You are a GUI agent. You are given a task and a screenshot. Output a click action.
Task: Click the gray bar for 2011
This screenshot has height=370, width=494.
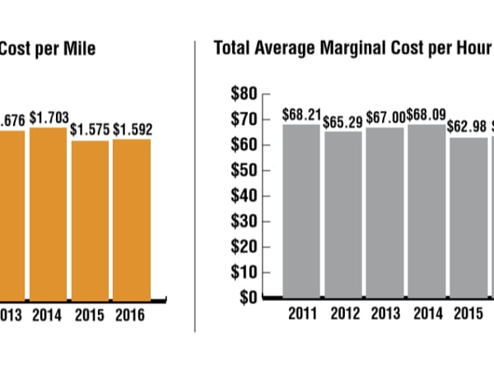click(x=302, y=210)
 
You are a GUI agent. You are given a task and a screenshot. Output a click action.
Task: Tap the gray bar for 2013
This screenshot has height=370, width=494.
click(x=384, y=212)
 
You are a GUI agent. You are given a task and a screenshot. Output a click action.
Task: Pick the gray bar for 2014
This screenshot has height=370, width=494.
click(x=426, y=210)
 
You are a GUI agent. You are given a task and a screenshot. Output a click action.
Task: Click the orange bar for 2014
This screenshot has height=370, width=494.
click(x=49, y=213)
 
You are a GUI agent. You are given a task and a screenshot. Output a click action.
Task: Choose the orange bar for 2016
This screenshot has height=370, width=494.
click(x=132, y=219)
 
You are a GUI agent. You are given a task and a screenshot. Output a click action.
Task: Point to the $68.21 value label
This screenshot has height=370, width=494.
click(x=301, y=113)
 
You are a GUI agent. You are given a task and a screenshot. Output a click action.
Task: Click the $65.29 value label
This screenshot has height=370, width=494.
click(x=342, y=121)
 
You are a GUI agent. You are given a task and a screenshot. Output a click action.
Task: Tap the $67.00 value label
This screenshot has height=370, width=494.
click(x=384, y=117)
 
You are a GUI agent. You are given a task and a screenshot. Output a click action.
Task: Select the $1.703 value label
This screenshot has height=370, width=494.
click(x=49, y=118)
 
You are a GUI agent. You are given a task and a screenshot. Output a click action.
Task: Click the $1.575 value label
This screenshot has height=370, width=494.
click(x=90, y=130)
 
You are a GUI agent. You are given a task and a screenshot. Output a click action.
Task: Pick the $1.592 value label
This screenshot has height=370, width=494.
click(x=132, y=129)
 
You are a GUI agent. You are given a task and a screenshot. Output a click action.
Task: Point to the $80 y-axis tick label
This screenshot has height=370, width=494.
click(x=245, y=94)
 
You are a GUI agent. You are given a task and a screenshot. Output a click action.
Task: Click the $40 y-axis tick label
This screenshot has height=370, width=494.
click(x=245, y=196)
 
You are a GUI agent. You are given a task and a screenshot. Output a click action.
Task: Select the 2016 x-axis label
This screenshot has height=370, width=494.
click(x=132, y=315)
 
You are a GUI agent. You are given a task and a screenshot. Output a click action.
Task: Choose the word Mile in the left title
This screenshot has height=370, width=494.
click(x=80, y=48)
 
